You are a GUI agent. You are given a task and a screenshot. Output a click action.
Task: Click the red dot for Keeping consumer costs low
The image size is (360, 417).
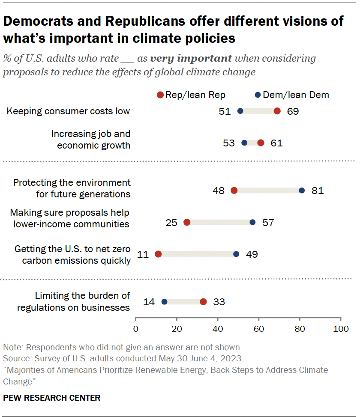click(277, 111)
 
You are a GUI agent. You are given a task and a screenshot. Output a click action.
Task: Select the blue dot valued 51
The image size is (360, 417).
click(240, 111)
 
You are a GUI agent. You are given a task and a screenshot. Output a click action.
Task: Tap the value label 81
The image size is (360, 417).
click(318, 191)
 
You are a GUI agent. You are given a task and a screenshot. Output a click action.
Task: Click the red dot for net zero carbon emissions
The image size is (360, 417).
click(158, 254)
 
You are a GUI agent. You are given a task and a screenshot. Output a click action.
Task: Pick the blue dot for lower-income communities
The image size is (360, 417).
click(252, 222)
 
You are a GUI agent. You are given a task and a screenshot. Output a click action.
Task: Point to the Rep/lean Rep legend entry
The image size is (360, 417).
click(191, 95)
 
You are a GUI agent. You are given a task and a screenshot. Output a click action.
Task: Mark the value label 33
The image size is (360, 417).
click(219, 302)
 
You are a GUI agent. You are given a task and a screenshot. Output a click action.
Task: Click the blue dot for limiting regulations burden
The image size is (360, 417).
click(164, 302)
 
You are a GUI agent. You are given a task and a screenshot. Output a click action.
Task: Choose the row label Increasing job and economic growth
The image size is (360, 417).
click(90, 140)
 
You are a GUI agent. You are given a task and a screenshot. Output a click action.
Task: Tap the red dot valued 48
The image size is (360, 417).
click(234, 191)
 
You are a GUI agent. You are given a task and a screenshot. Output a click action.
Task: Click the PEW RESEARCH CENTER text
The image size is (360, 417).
click(52, 398)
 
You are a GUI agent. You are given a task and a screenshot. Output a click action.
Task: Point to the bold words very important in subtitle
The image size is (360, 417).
click(191, 58)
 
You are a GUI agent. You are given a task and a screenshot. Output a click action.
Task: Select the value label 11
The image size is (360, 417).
click(143, 254)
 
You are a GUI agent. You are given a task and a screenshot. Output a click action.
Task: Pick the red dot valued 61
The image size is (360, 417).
click(261, 143)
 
